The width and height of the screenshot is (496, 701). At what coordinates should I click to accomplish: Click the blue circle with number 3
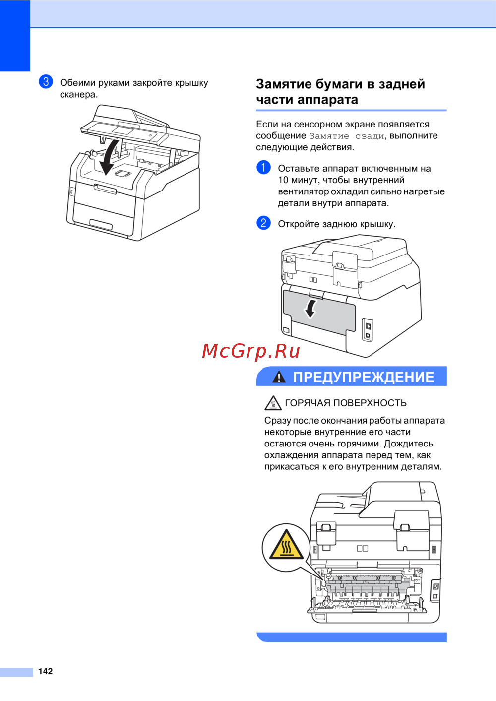46,82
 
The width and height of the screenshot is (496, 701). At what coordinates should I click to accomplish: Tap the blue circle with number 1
263,167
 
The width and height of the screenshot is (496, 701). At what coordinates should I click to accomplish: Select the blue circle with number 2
263,223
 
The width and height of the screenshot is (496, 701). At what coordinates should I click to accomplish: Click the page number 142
45,671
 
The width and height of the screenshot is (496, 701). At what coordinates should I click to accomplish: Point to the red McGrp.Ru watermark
251,351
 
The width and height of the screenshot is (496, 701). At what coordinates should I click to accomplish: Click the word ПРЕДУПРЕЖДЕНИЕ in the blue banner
363,377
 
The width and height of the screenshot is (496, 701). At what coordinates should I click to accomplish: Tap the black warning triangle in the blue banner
279,377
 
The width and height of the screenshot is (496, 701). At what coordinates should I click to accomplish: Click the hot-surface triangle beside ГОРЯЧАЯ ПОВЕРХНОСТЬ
273,403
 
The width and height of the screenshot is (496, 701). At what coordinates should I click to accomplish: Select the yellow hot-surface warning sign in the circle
286,544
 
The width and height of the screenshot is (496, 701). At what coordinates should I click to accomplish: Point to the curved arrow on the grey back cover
310,309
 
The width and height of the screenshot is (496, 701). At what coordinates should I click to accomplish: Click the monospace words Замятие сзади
346,136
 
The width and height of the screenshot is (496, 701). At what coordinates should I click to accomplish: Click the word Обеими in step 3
77,83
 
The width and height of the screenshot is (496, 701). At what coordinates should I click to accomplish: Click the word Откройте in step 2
299,224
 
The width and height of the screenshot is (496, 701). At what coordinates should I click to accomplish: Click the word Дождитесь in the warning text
409,444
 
